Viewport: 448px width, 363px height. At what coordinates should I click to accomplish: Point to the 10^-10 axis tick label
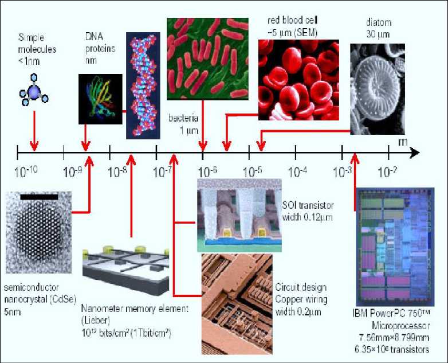(x=25, y=171)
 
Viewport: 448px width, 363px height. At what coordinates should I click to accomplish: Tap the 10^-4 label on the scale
(x=298, y=171)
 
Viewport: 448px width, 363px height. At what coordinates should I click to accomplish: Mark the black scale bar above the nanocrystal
(x=39, y=196)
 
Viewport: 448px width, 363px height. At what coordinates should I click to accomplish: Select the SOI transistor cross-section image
(x=239, y=214)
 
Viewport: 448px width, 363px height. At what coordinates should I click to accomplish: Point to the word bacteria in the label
(x=183, y=119)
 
